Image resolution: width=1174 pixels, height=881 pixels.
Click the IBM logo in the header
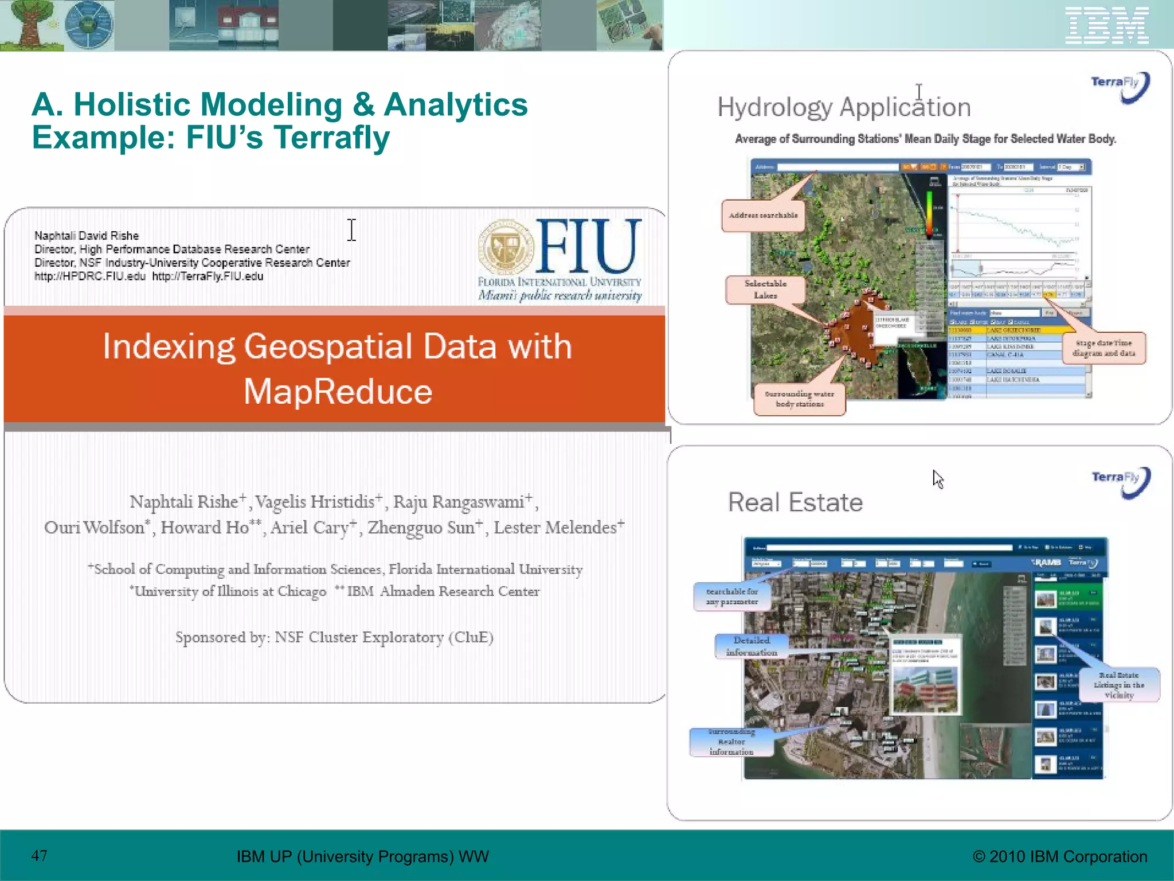1106,25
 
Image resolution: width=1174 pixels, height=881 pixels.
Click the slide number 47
39,856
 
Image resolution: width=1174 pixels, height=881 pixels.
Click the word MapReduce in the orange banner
338,392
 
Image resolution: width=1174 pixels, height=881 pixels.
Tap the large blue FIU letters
588,247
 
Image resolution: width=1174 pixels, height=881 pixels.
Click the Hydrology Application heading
843,108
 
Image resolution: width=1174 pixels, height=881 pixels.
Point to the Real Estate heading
795,502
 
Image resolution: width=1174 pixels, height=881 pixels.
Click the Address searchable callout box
763,216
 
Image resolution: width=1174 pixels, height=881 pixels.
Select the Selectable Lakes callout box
765,290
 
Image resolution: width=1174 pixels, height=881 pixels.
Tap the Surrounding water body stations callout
799,399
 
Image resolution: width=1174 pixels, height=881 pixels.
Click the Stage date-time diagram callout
1103,348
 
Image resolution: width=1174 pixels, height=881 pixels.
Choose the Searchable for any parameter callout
731,597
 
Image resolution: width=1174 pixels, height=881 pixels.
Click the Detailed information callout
751,646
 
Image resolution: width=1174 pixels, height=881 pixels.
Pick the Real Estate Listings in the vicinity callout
1118,685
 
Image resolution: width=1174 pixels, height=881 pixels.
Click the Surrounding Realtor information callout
731,742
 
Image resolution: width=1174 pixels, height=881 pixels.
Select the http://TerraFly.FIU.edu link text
208,276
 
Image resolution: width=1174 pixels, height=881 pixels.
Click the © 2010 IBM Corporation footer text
1059,856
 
